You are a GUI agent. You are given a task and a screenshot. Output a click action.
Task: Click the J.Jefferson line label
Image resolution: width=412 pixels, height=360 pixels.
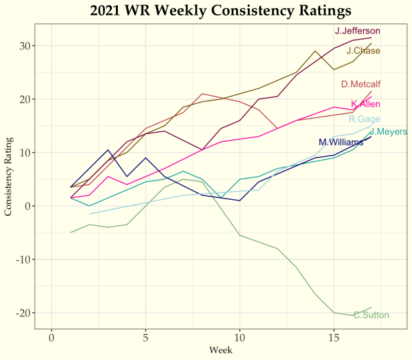click(358, 31)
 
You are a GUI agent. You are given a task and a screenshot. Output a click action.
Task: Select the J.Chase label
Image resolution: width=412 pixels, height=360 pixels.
click(363, 51)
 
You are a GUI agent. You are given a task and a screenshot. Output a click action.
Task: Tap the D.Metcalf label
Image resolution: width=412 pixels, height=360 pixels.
click(360, 84)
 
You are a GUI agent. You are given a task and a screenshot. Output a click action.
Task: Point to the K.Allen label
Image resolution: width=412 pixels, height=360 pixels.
click(366, 104)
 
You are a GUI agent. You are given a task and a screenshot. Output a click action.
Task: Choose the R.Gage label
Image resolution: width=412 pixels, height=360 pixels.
click(365, 119)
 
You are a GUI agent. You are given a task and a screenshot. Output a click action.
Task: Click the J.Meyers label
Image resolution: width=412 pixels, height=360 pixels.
click(388, 131)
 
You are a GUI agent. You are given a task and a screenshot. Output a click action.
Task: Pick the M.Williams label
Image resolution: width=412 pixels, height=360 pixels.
click(341, 142)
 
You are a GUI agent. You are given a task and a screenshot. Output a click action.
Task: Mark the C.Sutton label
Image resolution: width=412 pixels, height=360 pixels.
click(370, 315)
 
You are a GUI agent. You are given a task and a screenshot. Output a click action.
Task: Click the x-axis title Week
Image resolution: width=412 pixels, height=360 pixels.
click(220, 350)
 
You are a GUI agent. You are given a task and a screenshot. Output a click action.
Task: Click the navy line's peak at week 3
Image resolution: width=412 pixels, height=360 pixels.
click(108, 149)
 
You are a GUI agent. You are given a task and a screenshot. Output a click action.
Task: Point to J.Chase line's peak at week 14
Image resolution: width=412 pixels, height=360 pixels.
click(315, 51)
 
